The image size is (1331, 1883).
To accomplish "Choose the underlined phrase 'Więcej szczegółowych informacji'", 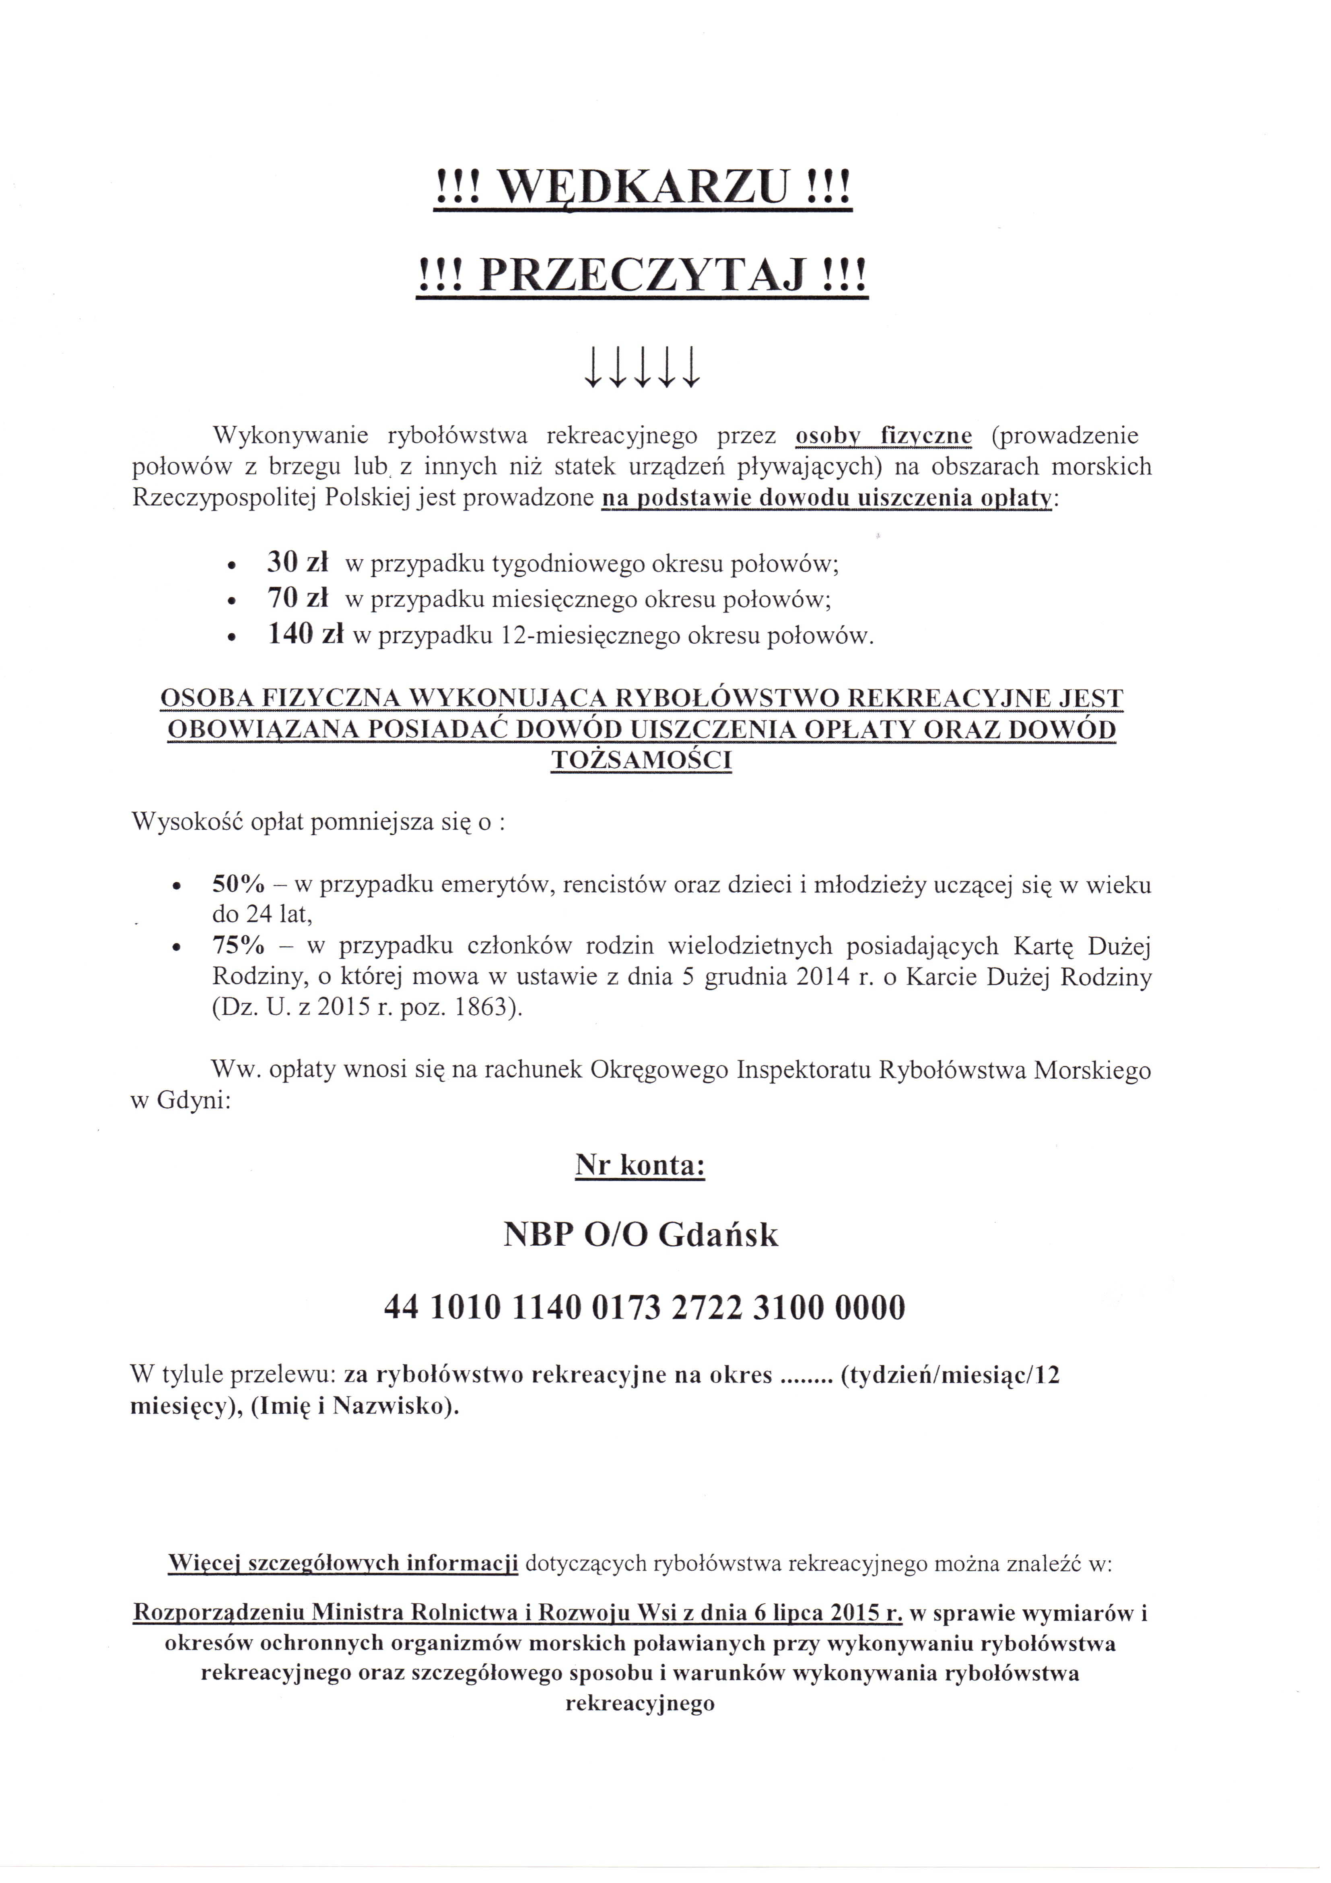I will pyautogui.click(x=343, y=1564).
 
